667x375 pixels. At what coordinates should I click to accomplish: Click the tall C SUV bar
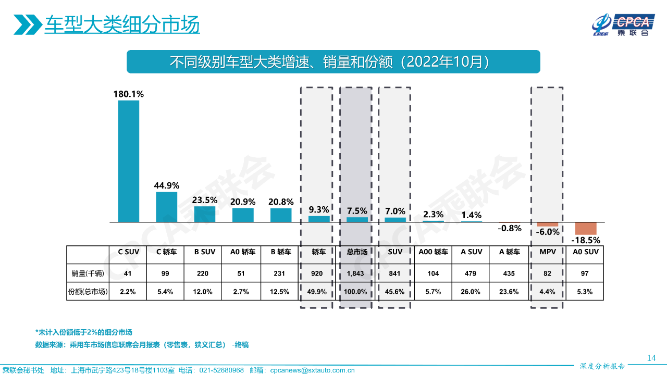pos(129,161)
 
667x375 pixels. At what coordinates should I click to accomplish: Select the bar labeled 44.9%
pos(167,207)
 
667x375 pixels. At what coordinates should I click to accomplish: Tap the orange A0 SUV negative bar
pos(586,228)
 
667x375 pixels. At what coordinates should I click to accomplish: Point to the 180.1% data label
pos(129,94)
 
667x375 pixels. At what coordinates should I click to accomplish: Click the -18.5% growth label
pos(586,241)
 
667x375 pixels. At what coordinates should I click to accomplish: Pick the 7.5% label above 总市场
pos(357,211)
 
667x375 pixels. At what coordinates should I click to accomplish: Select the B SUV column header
pos(205,252)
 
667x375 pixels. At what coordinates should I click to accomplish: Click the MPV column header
pos(547,252)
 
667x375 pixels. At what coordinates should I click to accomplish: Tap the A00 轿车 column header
pos(433,252)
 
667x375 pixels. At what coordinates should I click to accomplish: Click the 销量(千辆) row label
pos(88,273)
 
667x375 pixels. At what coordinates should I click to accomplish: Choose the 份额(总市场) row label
pos(88,292)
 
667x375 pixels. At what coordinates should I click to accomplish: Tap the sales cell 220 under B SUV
pos(205,273)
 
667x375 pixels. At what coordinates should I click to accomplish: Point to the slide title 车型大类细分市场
pos(122,25)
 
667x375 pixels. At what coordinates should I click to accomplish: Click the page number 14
pos(651,358)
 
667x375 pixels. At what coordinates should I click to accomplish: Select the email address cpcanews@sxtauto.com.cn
pos(312,370)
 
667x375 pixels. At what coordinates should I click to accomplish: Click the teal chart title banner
pos(333,61)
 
